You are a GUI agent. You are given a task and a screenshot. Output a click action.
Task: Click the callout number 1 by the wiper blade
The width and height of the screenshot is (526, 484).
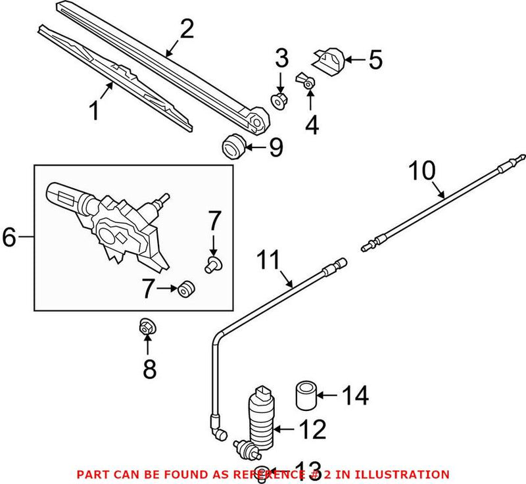95,110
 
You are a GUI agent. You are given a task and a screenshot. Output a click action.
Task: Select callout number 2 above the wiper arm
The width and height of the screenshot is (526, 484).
187,30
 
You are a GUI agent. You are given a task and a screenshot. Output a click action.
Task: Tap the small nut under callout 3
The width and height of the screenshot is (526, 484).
279,101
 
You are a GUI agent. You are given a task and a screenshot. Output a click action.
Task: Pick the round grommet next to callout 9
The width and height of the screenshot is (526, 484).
233,146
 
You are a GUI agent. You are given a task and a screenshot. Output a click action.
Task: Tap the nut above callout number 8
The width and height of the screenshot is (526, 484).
147,327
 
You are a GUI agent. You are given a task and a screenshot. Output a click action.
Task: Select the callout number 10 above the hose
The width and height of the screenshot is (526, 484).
421,170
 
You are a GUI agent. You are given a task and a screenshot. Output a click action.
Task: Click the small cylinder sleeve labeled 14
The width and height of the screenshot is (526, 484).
304,393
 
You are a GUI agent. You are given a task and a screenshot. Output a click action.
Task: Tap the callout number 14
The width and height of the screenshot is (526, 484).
355,397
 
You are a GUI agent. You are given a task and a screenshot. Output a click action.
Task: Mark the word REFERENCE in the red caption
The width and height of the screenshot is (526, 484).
258,473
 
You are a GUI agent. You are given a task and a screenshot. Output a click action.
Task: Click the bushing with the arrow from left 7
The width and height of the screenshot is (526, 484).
186,288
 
